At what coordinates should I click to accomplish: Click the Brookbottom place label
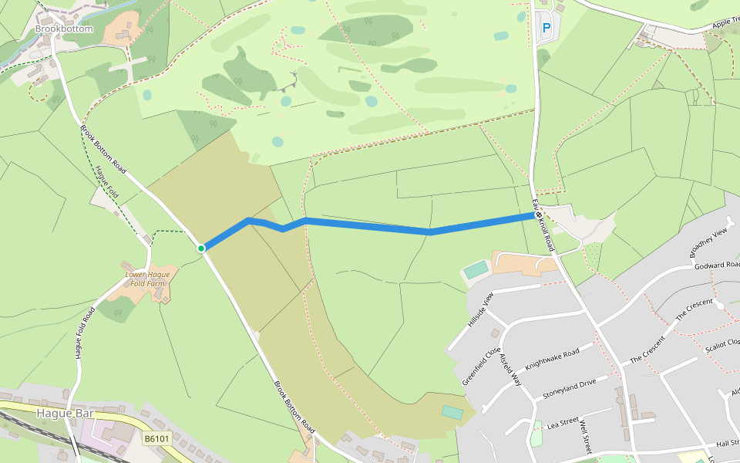pos(64,29)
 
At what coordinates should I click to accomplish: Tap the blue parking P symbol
pos(547,28)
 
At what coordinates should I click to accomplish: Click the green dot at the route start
pos(200,248)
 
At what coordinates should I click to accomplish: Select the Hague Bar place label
pos(65,414)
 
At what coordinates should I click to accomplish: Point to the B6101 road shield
pos(156,438)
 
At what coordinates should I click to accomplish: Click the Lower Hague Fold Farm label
pos(147,279)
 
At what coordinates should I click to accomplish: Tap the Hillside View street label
pos(479,310)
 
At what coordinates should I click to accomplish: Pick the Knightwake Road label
pos(551,357)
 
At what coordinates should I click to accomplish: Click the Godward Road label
pos(717,265)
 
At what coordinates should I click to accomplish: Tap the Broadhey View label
pos(709,243)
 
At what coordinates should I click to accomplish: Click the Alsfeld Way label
pos(511,371)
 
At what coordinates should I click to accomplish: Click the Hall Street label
pos(727,444)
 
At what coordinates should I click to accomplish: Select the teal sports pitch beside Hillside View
pos(476,270)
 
